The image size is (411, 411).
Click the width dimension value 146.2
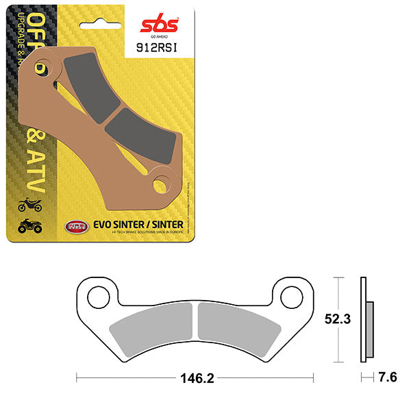point(195,377)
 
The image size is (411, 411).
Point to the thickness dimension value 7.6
point(387,377)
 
